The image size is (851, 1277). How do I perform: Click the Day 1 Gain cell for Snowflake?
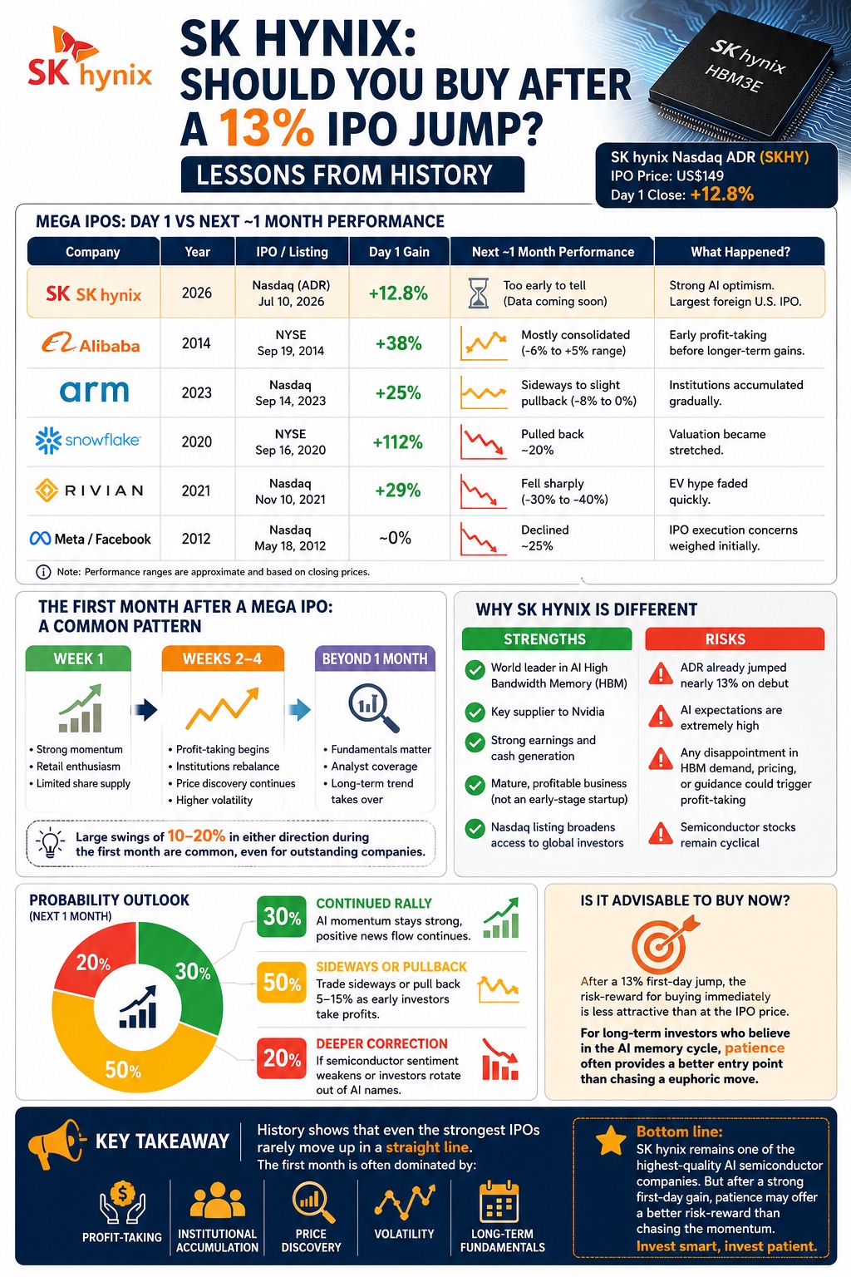[x=398, y=441]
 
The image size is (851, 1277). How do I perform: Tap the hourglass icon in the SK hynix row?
[x=478, y=293]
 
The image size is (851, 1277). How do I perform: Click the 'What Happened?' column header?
[x=740, y=252]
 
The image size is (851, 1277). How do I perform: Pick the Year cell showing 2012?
[x=196, y=539]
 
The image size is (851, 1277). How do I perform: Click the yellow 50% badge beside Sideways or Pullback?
[x=282, y=982]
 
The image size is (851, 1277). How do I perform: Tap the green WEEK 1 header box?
[x=78, y=658]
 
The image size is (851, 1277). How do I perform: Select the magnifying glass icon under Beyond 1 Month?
[x=374, y=708]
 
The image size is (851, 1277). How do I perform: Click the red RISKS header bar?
[x=735, y=639]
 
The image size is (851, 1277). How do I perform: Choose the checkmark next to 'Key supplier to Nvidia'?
[x=475, y=712]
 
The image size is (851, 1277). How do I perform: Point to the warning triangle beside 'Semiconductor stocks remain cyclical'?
[x=661, y=833]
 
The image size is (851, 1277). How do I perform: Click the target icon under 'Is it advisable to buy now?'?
[x=662, y=944]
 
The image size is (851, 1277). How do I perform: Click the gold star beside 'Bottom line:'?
[x=611, y=1140]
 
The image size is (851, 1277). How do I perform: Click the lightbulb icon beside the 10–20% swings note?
[x=50, y=842]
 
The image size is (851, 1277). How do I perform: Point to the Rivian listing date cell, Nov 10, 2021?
[x=291, y=491]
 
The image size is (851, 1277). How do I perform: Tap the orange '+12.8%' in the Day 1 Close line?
[x=722, y=195]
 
